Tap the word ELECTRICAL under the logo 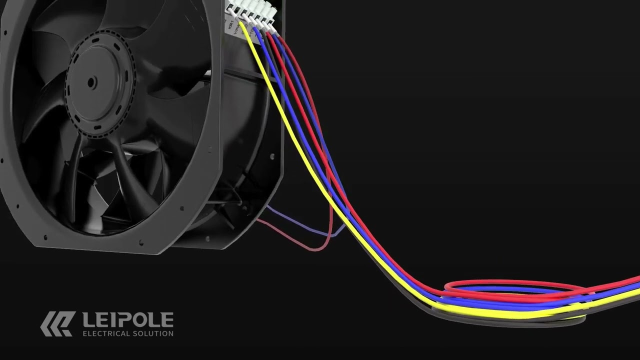tap(105, 333)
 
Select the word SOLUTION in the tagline tap(153, 333)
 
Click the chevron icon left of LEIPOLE tap(57, 323)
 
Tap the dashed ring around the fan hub tap(131, 80)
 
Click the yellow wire tap(300, 150)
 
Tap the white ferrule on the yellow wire tap(241, 22)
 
